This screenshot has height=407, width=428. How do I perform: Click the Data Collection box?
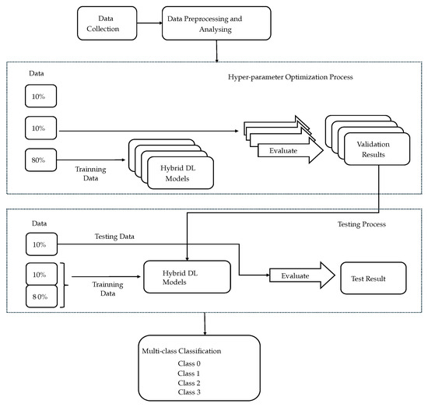[x=104, y=23]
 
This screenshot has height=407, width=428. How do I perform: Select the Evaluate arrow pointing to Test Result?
[x=293, y=275]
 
